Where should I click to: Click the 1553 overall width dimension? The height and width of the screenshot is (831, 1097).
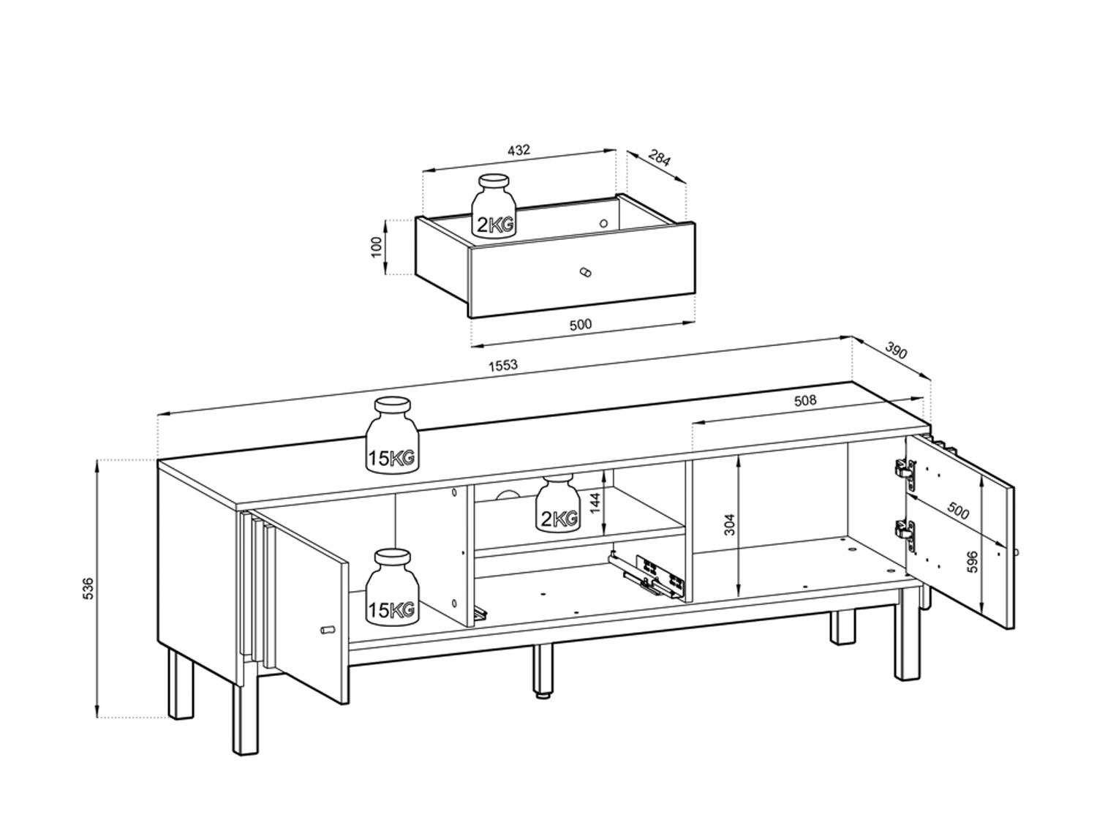502,365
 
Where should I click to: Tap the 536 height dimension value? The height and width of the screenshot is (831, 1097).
88,589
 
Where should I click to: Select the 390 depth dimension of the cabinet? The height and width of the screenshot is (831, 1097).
896,350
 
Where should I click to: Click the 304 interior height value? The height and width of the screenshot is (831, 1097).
730,524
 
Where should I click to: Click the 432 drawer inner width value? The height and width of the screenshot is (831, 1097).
519,151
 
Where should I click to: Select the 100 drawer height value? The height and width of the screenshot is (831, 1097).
377,247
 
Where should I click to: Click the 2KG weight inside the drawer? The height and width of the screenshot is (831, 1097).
494,212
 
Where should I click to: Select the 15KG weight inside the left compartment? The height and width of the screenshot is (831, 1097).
392,587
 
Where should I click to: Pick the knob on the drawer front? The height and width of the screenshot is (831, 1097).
584,272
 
